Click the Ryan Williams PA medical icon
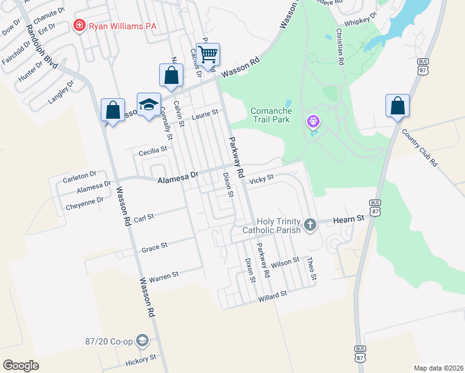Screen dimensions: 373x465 (x=79, y=26)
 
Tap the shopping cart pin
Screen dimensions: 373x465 (x=208, y=53)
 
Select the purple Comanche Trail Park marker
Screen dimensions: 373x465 (x=313, y=121)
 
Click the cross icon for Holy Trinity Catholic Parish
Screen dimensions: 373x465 (x=310, y=223)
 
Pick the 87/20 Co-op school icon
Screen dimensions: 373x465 (x=142, y=341)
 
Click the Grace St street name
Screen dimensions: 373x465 (x=154, y=247)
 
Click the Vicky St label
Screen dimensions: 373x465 (x=261, y=180)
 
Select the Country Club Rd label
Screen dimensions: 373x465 (x=420, y=148)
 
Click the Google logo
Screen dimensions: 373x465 (x=21, y=366)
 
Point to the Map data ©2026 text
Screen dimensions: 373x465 (x=438, y=368)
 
